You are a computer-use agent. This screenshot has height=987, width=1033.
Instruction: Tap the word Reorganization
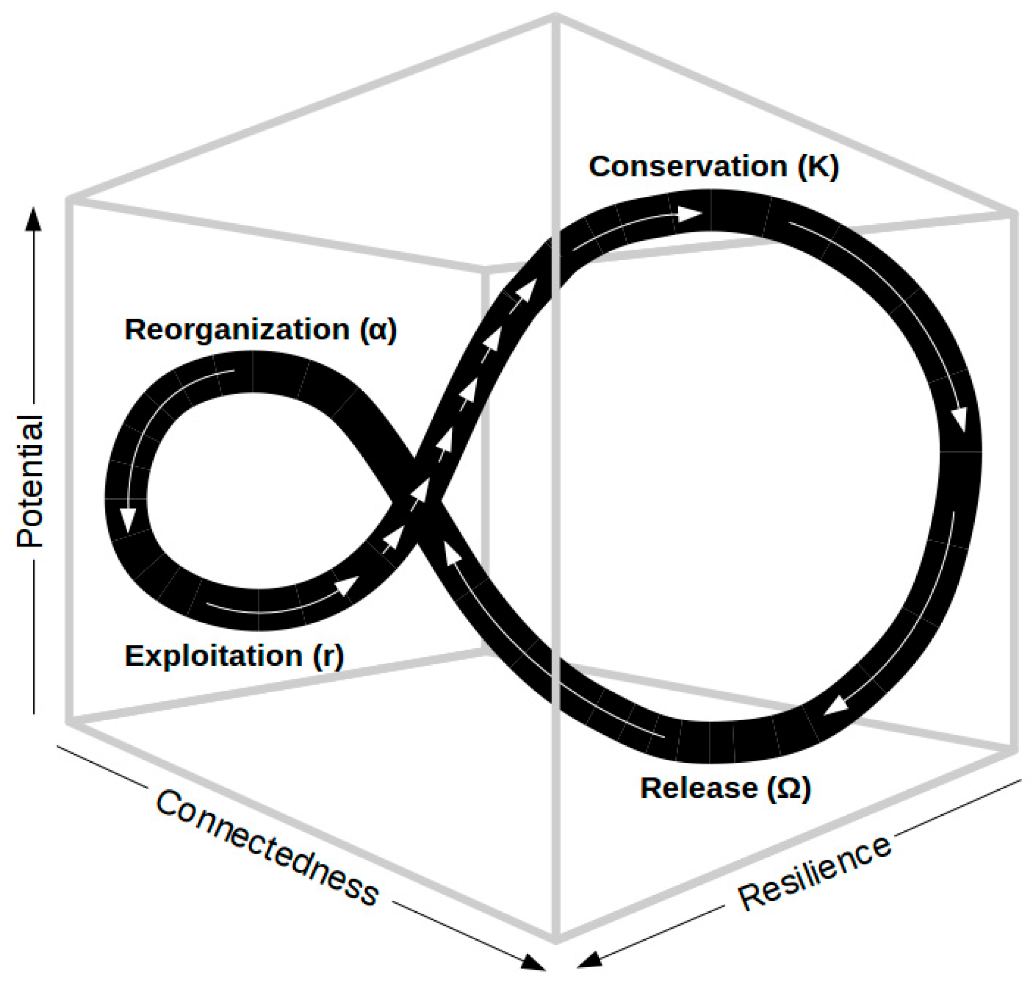pyautogui.click(x=236, y=330)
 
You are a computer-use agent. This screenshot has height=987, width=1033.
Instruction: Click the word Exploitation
pyautogui.click(x=213, y=656)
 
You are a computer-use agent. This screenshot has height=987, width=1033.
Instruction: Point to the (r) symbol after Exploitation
pyautogui.click(x=329, y=656)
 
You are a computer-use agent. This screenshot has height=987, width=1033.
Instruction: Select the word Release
pyautogui.click(x=698, y=788)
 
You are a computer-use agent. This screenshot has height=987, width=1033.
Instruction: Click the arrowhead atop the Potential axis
pyautogui.click(x=34, y=218)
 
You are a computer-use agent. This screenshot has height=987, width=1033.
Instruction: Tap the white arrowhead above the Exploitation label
pyautogui.click(x=347, y=586)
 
